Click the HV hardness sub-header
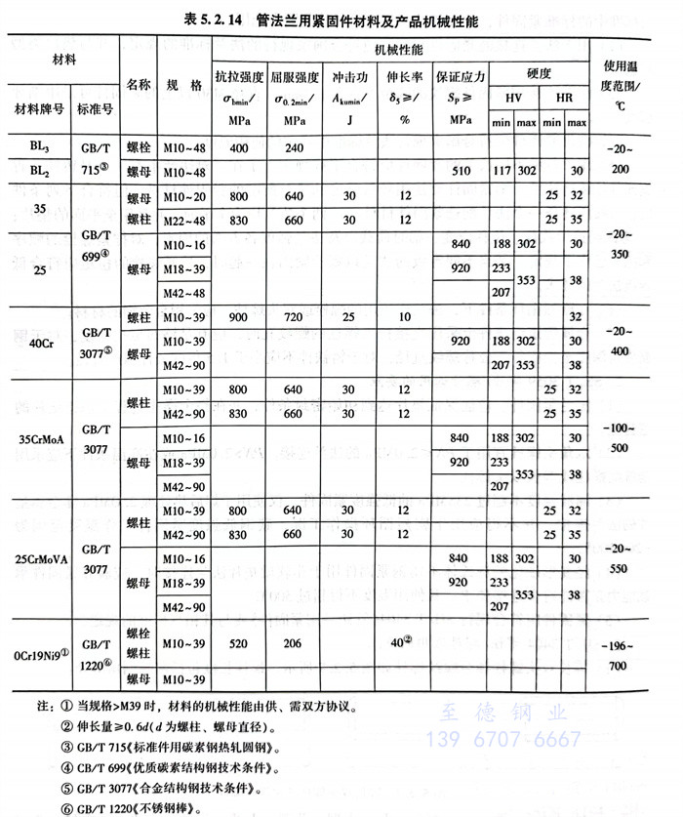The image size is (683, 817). point(513,100)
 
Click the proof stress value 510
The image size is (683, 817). point(462,172)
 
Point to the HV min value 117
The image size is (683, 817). point(502,172)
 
